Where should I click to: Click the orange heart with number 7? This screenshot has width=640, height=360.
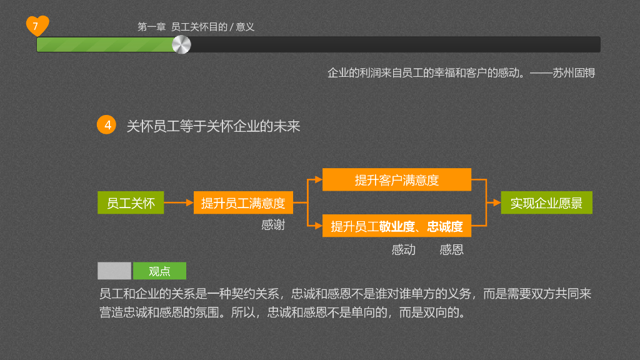point(37,26)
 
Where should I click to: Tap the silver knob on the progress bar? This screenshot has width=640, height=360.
point(181,44)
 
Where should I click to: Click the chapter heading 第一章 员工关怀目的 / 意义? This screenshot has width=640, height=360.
point(196,27)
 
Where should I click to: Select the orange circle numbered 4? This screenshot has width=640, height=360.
point(107,125)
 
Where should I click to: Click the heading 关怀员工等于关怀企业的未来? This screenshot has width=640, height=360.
point(213,126)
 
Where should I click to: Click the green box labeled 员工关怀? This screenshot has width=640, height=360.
point(131,203)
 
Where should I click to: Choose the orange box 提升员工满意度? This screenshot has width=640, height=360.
point(243,203)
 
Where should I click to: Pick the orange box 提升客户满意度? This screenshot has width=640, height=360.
point(397,180)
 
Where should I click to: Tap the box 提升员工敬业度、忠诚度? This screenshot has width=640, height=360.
point(397,226)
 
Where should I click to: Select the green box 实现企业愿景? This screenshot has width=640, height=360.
point(546,203)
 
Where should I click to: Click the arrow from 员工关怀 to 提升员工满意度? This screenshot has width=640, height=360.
point(179,203)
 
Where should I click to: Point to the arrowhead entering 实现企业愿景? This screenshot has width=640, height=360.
point(497,203)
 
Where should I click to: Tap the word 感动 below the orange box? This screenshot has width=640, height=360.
point(404,250)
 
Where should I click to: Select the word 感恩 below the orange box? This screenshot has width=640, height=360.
point(451,250)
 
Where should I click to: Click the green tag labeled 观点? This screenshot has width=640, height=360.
point(159,271)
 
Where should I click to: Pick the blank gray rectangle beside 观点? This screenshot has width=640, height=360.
point(114,271)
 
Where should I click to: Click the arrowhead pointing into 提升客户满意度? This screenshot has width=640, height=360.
point(319,180)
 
